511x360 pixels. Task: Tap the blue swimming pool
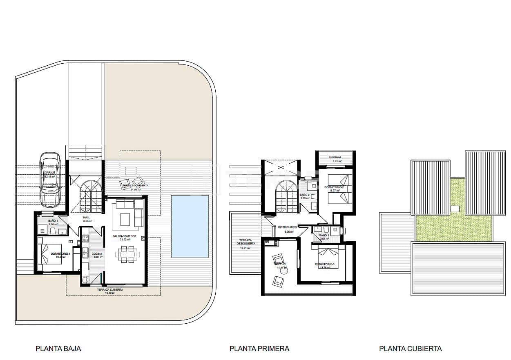[x=190, y=226]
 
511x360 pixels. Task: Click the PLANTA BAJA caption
[x=58, y=349]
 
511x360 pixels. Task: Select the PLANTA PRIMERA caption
[x=259, y=349]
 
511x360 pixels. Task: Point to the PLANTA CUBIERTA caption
[x=410, y=349]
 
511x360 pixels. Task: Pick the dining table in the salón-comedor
[x=127, y=255]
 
